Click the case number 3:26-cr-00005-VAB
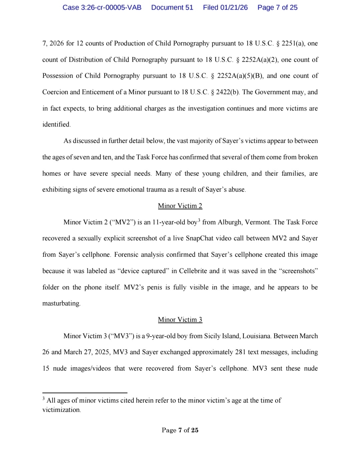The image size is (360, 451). (x=102, y=7)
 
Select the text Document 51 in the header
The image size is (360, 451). (x=172, y=7)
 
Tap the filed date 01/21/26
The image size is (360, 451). (x=234, y=7)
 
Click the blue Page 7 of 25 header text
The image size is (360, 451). (x=277, y=7)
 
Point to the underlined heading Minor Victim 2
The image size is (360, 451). (x=180, y=206)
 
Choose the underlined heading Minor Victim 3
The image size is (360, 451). (x=180, y=320)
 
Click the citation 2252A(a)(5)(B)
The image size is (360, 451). (x=240, y=76)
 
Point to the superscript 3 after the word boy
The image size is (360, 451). (x=199, y=220)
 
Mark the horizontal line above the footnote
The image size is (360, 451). (x=85, y=393)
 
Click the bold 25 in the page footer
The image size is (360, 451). (x=195, y=430)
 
